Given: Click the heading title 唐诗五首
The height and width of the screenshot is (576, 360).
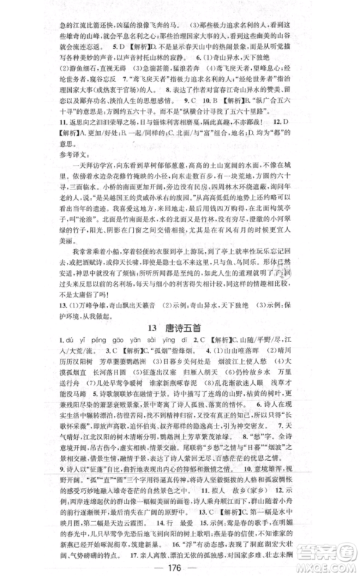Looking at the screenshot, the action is (x=193, y=325).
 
